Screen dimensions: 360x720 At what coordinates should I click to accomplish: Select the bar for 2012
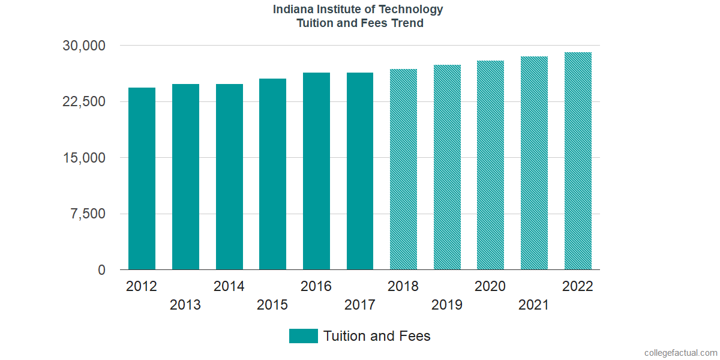click(x=142, y=179)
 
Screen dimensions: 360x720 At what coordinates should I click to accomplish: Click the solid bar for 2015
click(x=272, y=174)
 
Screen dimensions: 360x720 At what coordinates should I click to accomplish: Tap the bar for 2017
click(x=360, y=171)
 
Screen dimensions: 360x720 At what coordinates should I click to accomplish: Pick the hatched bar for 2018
click(x=403, y=169)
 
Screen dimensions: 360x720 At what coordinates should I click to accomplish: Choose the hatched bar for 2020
click(x=490, y=165)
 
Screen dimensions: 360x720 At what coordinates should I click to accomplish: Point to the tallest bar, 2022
click(x=578, y=161)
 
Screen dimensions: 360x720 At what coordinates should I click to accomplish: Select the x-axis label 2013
click(x=185, y=305)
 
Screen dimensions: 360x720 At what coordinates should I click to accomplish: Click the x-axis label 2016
click(x=316, y=286)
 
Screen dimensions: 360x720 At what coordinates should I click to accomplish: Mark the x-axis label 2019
click(x=447, y=305)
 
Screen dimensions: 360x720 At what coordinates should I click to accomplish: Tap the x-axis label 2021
click(x=534, y=305)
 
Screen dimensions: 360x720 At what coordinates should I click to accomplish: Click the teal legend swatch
click(x=303, y=336)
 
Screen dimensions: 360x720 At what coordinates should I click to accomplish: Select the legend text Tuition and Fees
click(x=377, y=336)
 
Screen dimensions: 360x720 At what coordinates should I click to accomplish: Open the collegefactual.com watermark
click(x=680, y=353)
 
